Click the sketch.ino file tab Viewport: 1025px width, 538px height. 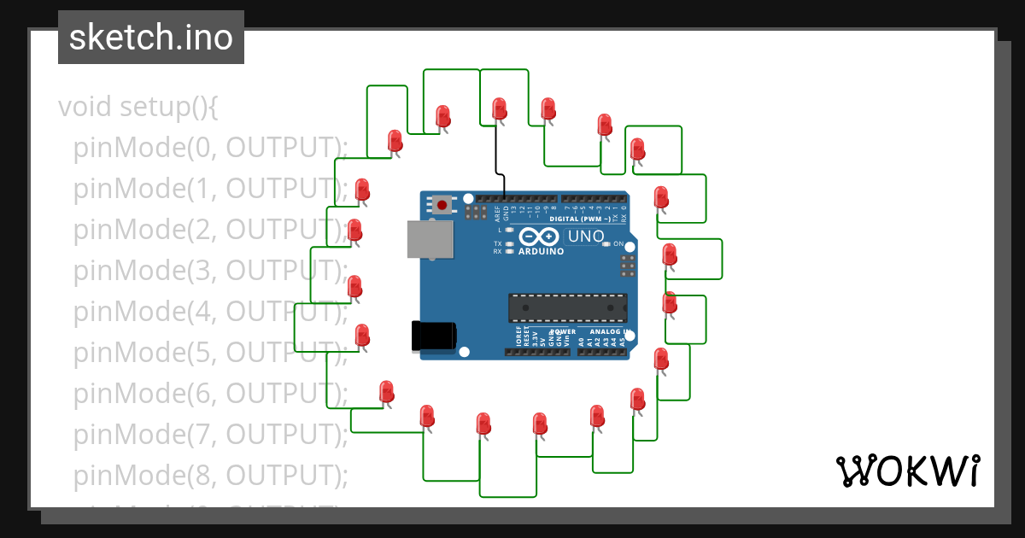coord(151,38)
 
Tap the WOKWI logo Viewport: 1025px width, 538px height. coord(907,471)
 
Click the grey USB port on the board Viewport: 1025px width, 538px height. coord(430,240)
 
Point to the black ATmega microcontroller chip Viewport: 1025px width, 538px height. coord(567,308)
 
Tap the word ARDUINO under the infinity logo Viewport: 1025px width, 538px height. coord(542,252)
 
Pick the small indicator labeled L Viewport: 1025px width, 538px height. coord(509,230)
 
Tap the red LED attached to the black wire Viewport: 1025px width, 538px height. coord(499,108)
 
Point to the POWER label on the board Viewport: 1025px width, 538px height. coord(563,331)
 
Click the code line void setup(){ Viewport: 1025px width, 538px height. coord(139,107)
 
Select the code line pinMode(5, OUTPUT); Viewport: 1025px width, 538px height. coord(210,352)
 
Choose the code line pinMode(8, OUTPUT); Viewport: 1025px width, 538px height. coord(210,474)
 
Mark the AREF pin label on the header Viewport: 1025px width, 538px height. coord(497,213)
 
